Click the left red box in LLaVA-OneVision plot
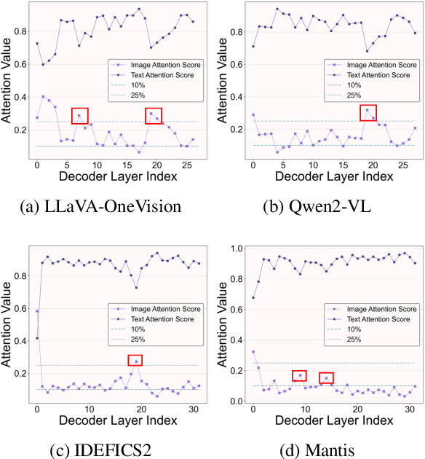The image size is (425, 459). (80, 115)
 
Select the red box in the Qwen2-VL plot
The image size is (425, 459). (369, 113)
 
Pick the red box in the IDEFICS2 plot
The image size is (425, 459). (135, 360)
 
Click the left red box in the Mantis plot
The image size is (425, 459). (299, 376)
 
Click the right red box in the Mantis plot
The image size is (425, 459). (327, 377)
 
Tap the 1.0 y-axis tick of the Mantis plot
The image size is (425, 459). (236, 249)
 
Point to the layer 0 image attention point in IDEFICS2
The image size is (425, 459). (37, 311)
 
